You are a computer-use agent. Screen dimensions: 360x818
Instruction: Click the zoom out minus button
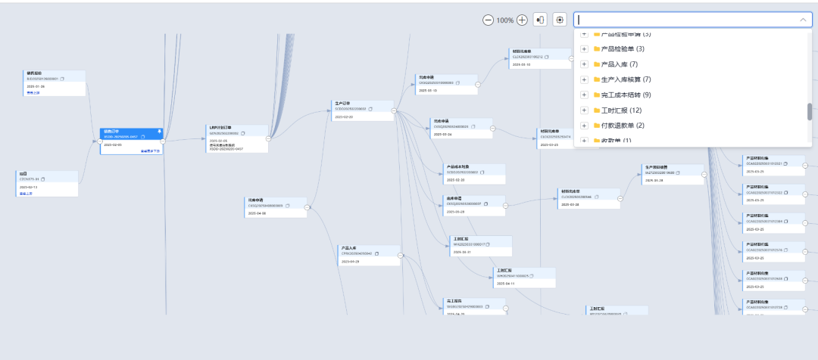(x=488, y=20)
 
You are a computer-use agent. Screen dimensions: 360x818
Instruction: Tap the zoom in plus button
(x=522, y=20)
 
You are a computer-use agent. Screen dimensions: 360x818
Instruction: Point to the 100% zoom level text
(x=505, y=20)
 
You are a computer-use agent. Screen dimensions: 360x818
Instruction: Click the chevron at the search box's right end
(x=803, y=20)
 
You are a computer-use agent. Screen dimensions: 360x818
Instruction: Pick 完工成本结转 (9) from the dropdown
(x=626, y=95)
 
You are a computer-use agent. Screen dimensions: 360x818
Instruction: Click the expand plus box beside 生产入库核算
(x=584, y=79)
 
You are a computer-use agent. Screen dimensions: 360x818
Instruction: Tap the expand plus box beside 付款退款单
(x=584, y=126)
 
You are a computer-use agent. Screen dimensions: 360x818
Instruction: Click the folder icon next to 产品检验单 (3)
(x=596, y=49)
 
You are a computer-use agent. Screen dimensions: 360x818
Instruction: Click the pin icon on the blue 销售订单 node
(x=159, y=132)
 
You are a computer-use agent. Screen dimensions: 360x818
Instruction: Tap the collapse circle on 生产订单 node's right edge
(x=394, y=110)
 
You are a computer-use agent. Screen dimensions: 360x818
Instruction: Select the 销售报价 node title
(x=34, y=73)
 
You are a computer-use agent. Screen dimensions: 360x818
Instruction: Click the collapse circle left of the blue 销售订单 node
(x=100, y=140)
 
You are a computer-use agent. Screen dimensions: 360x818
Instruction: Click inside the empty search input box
(x=682, y=20)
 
